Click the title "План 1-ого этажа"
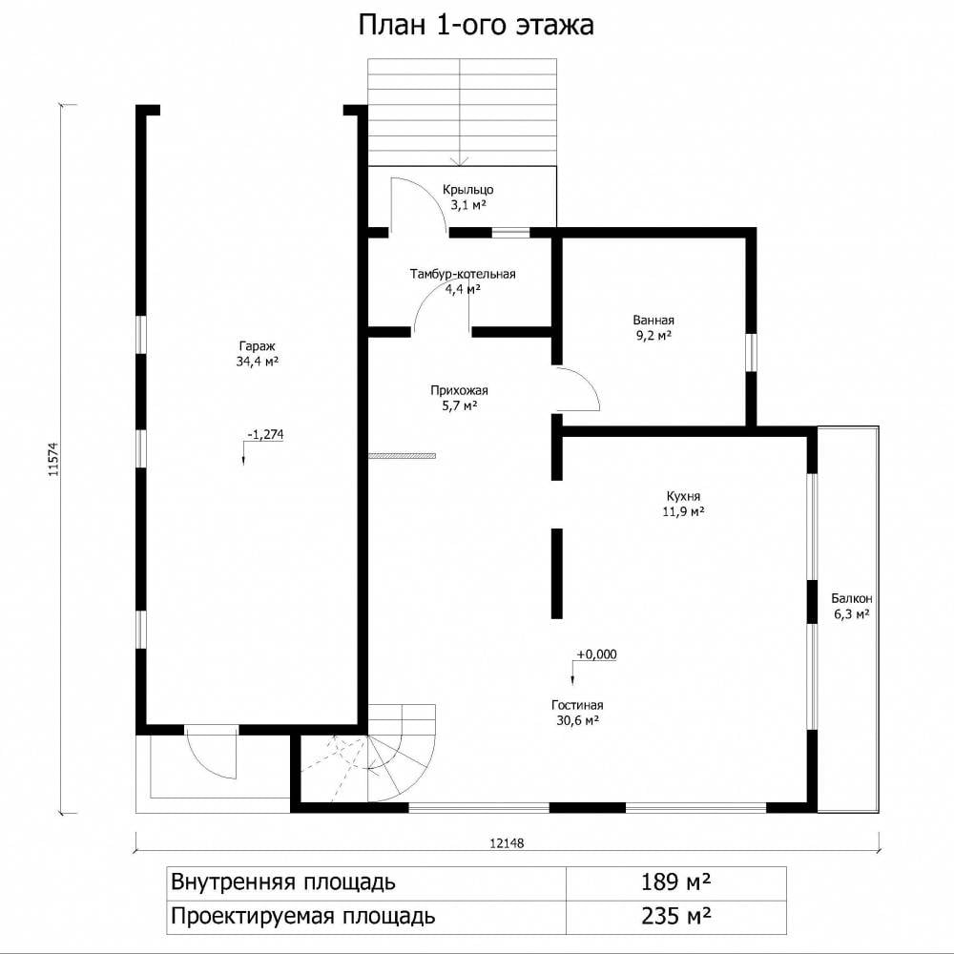(x=476, y=26)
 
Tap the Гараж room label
(x=258, y=354)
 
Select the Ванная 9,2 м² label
(x=653, y=328)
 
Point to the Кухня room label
(x=683, y=503)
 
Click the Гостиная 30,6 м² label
(x=577, y=713)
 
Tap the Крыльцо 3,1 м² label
(x=467, y=197)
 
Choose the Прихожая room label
(x=460, y=398)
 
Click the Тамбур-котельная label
(x=463, y=281)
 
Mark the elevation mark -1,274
(x=265, y=434)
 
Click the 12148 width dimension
(x=507, y=843)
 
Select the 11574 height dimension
(x=53, y=459)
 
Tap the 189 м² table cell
(x=676, y=881)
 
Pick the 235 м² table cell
(x=676, y=915)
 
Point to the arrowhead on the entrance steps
(x=460, y=162)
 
